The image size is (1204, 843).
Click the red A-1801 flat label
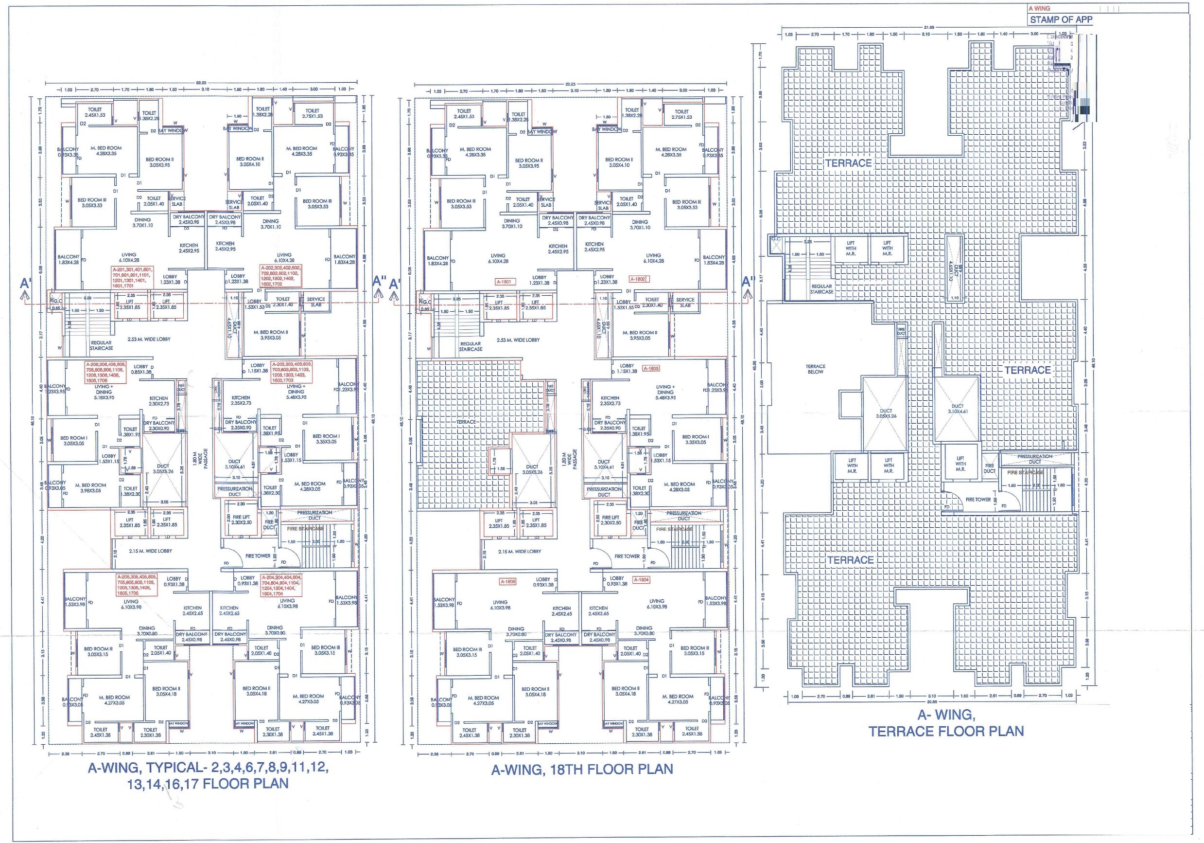coord(506,282)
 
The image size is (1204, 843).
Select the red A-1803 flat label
coord(651,369)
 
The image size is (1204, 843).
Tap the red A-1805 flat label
coord(507,582)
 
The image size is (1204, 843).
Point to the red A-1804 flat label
coord(641,580)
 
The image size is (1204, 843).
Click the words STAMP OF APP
coord(1061,20)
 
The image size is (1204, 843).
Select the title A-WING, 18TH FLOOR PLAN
coord(581,770)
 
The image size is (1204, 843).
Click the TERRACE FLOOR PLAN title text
coord(945,731)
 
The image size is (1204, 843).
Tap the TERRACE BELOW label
coord(816,369)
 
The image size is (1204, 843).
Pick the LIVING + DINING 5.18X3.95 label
coord(104,392)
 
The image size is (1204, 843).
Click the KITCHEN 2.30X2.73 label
coord(158,401)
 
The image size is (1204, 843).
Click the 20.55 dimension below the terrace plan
coord(932,702)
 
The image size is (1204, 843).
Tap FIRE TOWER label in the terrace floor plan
coord(978,500)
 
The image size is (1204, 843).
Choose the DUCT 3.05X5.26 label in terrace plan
coord(886,413)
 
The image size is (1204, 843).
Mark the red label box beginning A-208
coord(105,372)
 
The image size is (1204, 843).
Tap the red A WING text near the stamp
coord(1039,8)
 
